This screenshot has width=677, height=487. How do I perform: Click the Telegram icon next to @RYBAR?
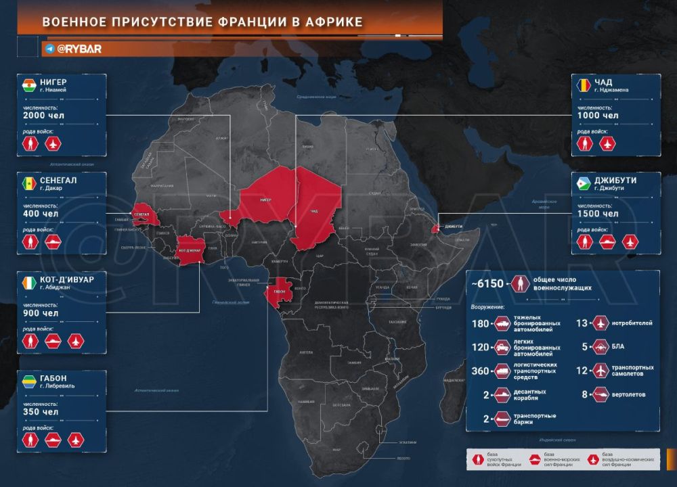click(x=49, y=49)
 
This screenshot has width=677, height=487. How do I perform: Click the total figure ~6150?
click(x=489, y=283)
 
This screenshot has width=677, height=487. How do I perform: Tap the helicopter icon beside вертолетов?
click(x=600, y=394)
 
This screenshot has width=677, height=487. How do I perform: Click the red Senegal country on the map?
click(x=142, y=212)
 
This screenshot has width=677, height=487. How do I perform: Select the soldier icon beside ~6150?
click(x=520, y=283)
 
